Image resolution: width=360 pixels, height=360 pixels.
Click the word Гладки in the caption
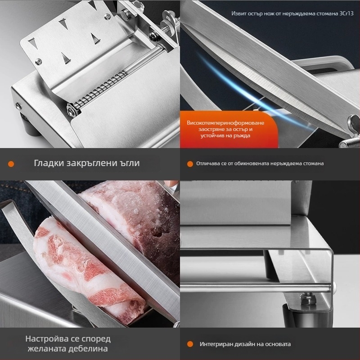(49, 163)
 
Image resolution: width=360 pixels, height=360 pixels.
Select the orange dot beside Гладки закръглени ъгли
(11, 164)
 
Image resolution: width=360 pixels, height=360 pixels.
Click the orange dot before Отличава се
(190, 164)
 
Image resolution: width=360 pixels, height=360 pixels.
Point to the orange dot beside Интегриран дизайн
(190, 344)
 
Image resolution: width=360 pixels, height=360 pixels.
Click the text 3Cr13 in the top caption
(346, 13)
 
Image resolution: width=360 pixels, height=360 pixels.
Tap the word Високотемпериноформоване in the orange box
(225, 123)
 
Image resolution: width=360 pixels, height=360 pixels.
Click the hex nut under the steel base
(308, 299)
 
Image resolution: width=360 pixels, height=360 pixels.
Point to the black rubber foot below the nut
(308, 316)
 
